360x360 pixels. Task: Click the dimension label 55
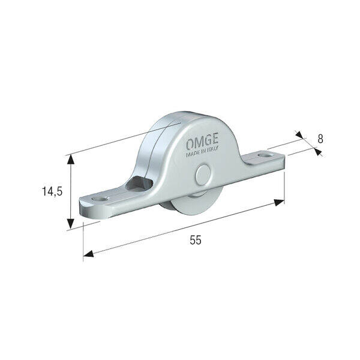tap(196, 240)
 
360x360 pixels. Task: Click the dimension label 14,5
tap(52, 191)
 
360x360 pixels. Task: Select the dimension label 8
tap(320, 139)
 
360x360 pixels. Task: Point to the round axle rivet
tap(203, 175)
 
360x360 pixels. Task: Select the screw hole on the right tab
tap(265, 155)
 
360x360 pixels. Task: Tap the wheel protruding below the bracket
tap(192, 203)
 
